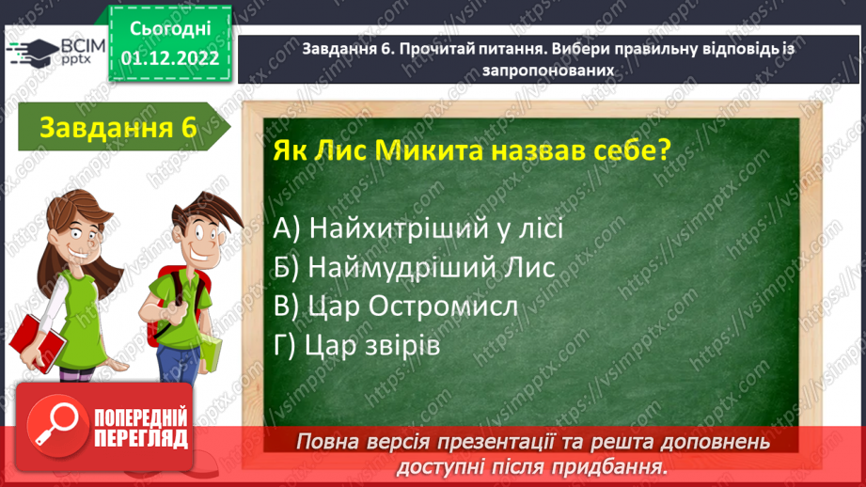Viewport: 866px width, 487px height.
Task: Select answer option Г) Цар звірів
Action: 357,345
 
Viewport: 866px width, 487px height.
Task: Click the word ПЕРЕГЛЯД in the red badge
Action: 140,439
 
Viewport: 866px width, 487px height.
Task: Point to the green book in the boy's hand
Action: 211,353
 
